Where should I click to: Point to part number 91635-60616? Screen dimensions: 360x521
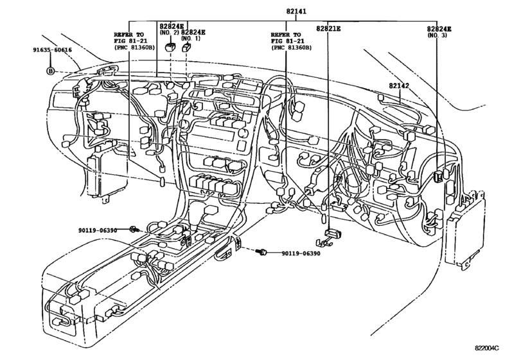coord(55,49)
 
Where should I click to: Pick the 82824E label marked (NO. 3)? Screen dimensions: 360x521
coord(439,30)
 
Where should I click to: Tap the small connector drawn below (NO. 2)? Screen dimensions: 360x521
coord(170,47)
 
